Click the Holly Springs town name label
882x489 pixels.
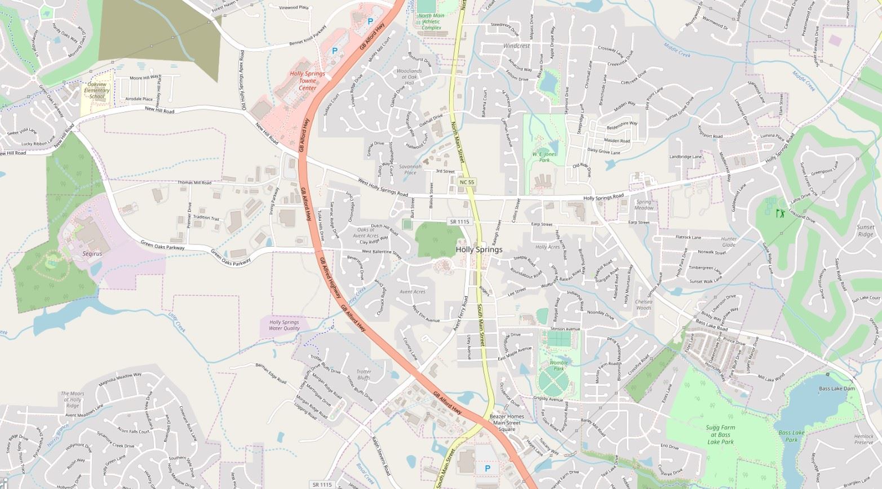[478, 250]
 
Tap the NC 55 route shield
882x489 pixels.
[467, 182]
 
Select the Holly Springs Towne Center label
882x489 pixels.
[307, 81]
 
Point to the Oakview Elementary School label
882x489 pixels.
[97, 90]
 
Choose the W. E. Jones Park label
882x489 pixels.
[544, 157]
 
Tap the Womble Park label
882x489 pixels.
[558, 366]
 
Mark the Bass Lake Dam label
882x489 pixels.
[836, 389]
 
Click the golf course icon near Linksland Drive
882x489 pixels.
[780, 213]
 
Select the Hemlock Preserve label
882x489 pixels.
[863, 439]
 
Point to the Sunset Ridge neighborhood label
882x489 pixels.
[865, 230]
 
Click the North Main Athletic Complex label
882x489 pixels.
[431, 22]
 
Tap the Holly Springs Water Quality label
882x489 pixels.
[284, 325]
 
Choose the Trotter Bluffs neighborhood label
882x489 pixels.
[364, 375]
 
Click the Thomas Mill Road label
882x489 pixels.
[194, 183]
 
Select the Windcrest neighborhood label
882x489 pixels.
[516, 46]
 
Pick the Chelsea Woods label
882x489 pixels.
[644, 305]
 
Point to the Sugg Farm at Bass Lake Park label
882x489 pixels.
[720, 435]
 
